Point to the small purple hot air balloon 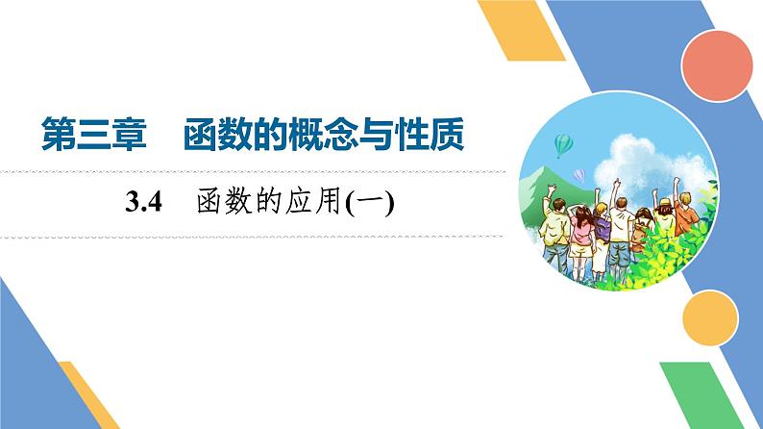pos(579,174)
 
